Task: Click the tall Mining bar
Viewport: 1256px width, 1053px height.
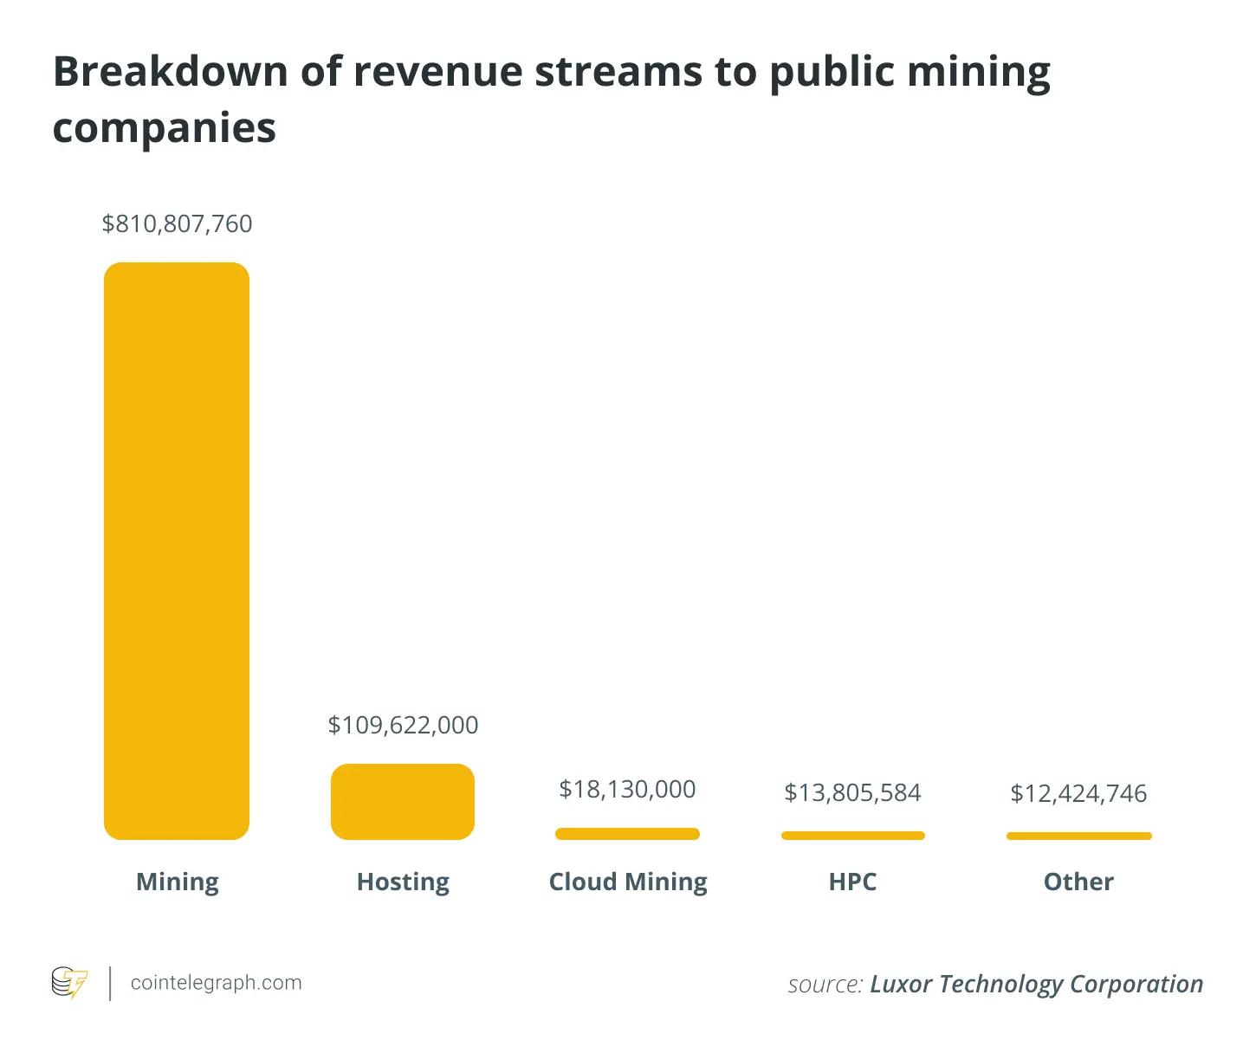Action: (x=177, y=551)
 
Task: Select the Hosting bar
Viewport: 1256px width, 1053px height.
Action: (x=403, y=801)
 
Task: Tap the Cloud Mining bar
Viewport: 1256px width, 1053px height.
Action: (x=627, y=834)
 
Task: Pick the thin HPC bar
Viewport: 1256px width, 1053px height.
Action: (x=853, y=836)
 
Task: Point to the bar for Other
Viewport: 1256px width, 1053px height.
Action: (x=1078, y=836)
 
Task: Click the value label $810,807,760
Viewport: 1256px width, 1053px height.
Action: (x=177, y=223)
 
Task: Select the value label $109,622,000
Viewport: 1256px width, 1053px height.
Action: (x=403, y=725)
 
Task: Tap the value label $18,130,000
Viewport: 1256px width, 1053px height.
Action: (x=627, y=789)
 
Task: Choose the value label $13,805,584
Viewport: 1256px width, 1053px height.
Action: (x=852, y=792)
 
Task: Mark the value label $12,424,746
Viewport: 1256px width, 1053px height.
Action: (x=1078, y=793)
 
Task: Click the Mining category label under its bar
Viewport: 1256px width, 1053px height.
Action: (x=178, y=882)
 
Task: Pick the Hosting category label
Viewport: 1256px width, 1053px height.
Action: (x=403, y=882)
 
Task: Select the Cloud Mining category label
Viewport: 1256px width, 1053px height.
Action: (x=628, y=882)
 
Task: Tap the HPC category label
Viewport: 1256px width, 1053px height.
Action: (x=852, y=882)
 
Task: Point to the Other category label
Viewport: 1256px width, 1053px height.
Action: (x=1078, y=882)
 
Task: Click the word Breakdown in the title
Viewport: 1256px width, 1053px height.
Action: (x=170, y=71)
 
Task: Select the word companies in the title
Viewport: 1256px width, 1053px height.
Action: (x=165, y=128)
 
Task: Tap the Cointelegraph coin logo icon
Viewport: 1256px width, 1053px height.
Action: (x=69, y=983)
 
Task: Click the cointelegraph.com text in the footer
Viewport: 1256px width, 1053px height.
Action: (x=216, y=983)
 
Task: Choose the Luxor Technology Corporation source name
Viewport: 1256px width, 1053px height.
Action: (x=1036, y=985)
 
